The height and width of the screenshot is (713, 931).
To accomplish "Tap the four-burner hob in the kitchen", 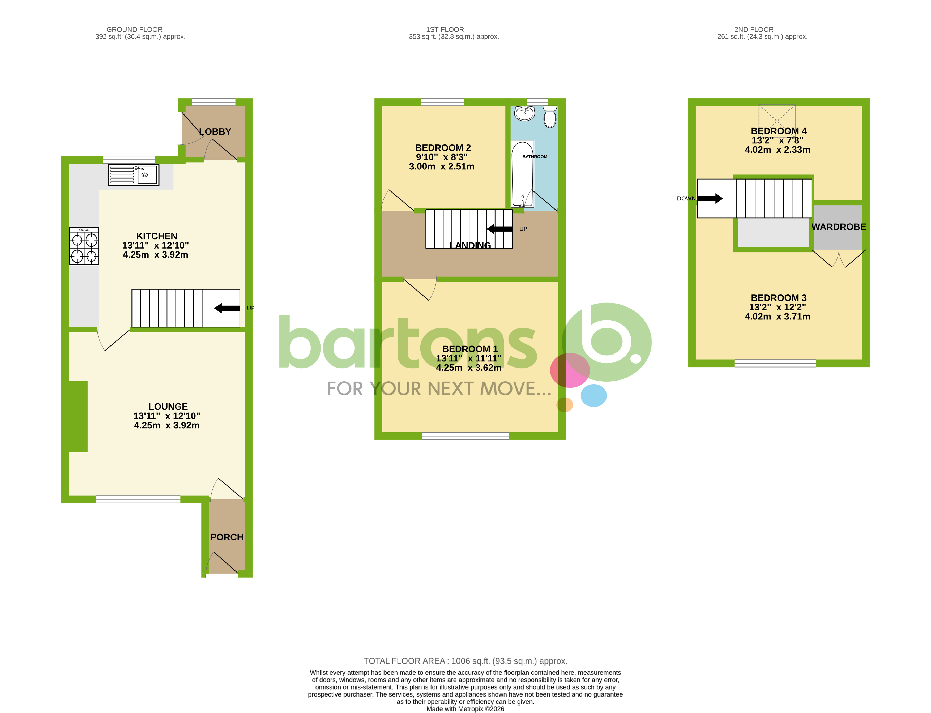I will [84, 246].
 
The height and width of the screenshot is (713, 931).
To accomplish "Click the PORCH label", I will [227, 537].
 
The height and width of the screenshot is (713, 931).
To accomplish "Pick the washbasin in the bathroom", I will [524, 113].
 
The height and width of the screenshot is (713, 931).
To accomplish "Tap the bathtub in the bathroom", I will [522, 174].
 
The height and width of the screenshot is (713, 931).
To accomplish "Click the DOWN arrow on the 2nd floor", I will [710, 198].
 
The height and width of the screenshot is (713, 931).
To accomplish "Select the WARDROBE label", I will [839, 227].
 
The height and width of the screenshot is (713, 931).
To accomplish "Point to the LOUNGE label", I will [168, 407].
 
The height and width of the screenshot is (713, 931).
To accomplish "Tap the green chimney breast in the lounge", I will [78, 416].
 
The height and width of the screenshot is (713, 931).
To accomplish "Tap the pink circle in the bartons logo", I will [570, 370].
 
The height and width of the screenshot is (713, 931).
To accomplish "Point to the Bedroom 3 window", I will [775, 363].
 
